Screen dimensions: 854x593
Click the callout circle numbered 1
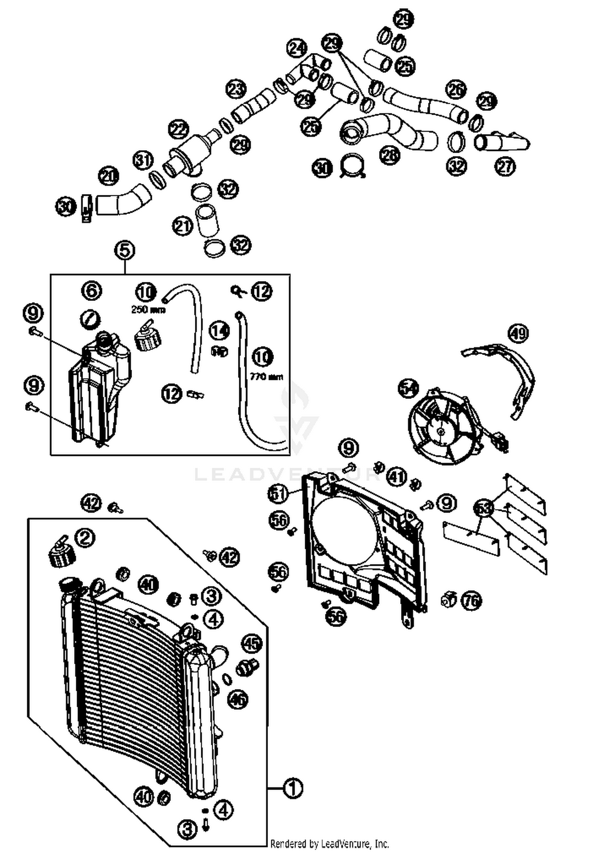pyautogui.click(x=293, y=788)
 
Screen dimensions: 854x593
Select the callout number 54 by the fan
pyautogui.click(x=408, y=388)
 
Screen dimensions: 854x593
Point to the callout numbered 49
pyautogui.click(x=518, y=333)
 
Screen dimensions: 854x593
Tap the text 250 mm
pyautogui.click(x=148, y=310)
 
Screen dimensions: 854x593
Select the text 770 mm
pyautogui.click(x=266, y=376)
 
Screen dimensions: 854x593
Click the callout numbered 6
pyautogui.click(x=91, y=291)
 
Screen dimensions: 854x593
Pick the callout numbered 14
pyautogui.click(x=219, y=331)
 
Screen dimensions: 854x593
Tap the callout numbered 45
pyautogui.click(x=252, y=643)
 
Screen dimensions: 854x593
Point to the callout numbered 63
pyautogui.click(x=484, y=508)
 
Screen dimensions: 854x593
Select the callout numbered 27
pyautogui.click(x=505, y=166)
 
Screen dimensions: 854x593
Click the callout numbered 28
pyautogui.click(x=389, y=155)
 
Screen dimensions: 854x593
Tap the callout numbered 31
pyautogui.click(x=143, y=161)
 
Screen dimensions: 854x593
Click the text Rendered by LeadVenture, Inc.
pyautogui.click(x=329, y=844)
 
